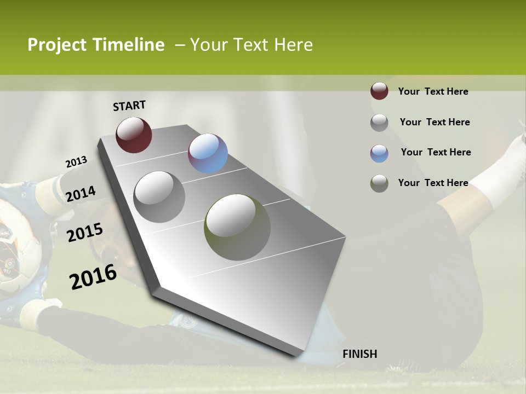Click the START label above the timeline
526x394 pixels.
tap(129, 106)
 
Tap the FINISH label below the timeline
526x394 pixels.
tap(360, 354)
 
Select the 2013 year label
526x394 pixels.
tap(76, 162)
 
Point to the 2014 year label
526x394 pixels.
tap(81, 194)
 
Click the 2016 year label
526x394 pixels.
tap(93, 277)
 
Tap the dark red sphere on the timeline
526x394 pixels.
tap(134, 135)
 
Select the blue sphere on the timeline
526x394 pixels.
tap(208, 153)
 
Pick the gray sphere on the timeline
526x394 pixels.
tap(159, 197)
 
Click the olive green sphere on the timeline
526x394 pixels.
tap(237, 227)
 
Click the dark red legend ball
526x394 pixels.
tap(379, 91)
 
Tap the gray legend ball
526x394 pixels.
tap(379, 122)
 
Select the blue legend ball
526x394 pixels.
tap(379, 153)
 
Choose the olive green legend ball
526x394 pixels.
tap(379, 183)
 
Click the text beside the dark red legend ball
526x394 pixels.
tap(433, 91)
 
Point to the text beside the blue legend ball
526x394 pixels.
tap(436, 152)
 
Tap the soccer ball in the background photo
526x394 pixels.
tap(16, 246)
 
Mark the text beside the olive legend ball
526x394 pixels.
tap(433, 183)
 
